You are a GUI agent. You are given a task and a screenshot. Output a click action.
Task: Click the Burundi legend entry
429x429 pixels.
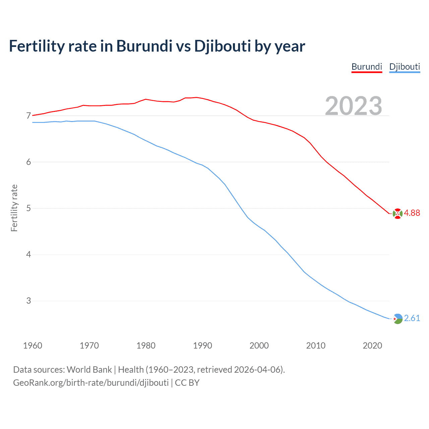[367, 67]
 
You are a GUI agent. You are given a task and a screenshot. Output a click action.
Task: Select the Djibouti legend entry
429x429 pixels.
[405, 67]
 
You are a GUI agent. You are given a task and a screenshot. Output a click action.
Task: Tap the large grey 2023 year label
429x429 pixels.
[354, 106]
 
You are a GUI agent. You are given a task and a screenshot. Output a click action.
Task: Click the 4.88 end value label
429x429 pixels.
[412, 213]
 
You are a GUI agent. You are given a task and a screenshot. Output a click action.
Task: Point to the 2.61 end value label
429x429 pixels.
[412, 318]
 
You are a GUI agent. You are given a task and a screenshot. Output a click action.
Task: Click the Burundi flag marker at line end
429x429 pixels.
[397, 213]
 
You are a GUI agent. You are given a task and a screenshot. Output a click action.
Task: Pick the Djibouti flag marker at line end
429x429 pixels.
[397, 318]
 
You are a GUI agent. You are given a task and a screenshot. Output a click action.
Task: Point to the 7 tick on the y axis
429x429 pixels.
[28, 116]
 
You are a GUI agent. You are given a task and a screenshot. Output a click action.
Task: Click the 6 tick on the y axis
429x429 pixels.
[28, 162]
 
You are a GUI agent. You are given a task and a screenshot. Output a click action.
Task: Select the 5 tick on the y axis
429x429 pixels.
[28, 208]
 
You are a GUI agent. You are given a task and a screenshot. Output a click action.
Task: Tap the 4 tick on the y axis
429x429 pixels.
[28, 255]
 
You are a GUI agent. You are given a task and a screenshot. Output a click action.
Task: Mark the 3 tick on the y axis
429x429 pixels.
[28, 301]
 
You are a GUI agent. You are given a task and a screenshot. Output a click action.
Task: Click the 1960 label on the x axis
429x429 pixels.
[33, 346]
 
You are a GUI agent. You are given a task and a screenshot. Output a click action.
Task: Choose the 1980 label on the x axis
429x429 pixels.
[146, 346]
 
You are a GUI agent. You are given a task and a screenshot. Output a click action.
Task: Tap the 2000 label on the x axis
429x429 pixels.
[259, 346]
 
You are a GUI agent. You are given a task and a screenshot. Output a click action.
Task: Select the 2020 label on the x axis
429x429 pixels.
[372, 346]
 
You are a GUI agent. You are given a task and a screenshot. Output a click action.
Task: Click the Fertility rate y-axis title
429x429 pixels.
[14, 208]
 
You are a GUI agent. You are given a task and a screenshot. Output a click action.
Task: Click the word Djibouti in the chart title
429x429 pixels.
[223, 46]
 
